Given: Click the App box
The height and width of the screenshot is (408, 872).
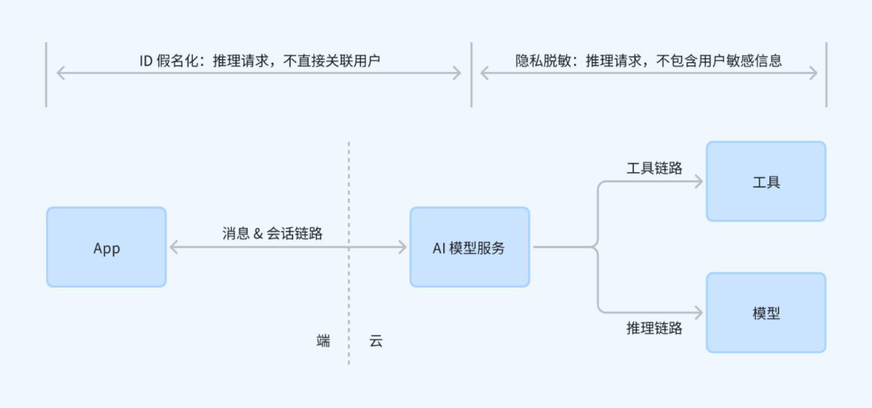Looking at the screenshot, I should (x=106, y=247).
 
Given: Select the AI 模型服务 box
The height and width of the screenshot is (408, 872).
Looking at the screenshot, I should (x=469, y=247).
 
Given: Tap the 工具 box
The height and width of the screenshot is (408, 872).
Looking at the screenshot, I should (x=765, y=182).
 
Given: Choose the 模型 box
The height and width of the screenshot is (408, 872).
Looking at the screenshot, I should (x=765, y=313).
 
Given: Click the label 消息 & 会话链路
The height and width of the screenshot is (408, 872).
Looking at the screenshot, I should (x=272, y=233).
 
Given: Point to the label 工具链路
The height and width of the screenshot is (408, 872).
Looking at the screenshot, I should (x=654, y=168).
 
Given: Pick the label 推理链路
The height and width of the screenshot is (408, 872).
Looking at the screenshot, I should (x=654, y=328).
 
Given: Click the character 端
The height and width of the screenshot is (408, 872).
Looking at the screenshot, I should (x=323, y=341).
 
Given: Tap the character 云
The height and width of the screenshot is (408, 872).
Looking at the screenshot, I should (x=375, y=341).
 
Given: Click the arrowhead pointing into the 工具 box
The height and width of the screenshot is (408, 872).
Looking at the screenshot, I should (x=699, y=182).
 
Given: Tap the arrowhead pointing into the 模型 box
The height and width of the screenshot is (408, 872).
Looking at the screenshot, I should (x=699, y=312).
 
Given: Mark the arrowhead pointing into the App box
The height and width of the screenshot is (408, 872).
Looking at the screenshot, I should (x=173, y=247).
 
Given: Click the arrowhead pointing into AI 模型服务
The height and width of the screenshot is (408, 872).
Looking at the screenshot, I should (x=402, y=247).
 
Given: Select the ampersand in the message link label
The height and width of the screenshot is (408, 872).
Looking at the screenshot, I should (x=258, y=233).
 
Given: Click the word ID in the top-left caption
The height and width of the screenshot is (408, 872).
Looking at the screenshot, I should (x=146, y=61).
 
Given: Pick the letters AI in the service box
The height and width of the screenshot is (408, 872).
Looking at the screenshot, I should (x=439, y=248).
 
